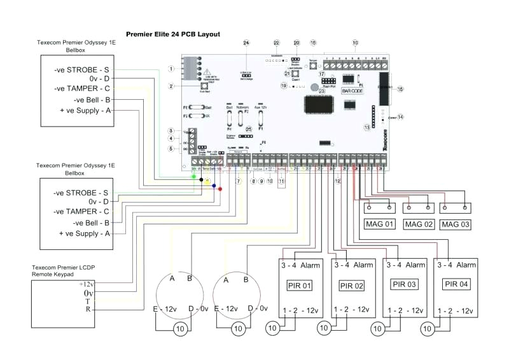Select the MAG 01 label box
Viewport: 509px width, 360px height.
point(380,224)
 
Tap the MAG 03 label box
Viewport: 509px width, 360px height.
point(458,224)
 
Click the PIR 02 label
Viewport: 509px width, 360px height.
point(351,286)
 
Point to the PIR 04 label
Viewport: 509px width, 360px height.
point(455,284)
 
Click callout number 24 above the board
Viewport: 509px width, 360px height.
point(246,43)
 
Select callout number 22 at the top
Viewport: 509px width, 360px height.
point(276,43)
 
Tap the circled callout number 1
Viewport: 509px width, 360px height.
point(171,68)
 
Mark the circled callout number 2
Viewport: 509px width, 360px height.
point(171,86)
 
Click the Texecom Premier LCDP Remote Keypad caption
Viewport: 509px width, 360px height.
point(61,270)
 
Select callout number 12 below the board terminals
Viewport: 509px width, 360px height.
point(338,181)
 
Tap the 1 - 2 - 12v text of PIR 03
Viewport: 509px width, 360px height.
point(404,310)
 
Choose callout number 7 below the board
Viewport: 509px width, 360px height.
point(238,181)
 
